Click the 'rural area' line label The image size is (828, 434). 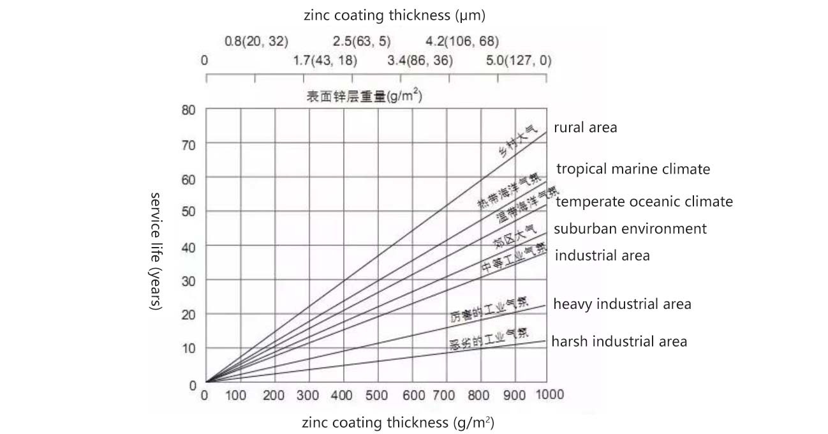tap(585, 128)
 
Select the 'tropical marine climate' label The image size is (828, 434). tap(633, 169)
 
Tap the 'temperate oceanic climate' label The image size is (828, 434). tap(644, 202)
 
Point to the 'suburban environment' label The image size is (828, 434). tap(630, 228)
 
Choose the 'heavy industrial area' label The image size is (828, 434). tap(622, 304)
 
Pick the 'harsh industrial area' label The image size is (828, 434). tap(619, 341)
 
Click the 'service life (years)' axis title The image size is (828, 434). tap(155, 250)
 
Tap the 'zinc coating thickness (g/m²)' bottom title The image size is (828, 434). tap(397, 423)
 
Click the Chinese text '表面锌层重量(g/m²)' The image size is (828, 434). tap(364, 97)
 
